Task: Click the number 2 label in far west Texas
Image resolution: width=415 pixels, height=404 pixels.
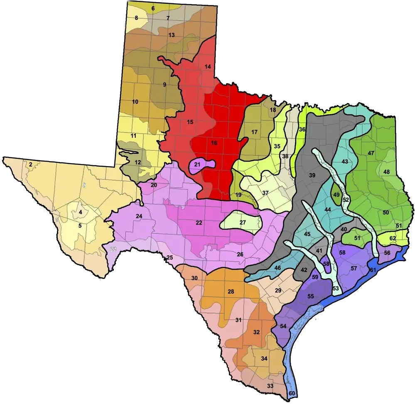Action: click(31, 165)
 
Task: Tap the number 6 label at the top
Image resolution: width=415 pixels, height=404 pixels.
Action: click(153, 8)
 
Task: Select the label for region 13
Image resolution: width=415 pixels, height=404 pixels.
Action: click(171, 35)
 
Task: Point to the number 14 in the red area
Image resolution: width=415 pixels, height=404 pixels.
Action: click(208, 66)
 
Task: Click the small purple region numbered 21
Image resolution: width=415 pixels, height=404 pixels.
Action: click(198, 165)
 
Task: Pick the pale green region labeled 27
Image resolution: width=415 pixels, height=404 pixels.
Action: click(243, 222)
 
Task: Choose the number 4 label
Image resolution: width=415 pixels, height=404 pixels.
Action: click(80, 213)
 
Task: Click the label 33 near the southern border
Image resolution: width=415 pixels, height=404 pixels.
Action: click(270, 386)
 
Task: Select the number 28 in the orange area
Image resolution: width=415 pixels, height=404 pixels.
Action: click(231, 291)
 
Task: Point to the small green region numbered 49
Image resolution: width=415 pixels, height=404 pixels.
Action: click(336, 195)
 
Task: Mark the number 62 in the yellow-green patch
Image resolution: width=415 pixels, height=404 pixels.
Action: click(393, 238)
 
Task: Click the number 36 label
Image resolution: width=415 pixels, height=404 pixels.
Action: click(302, 130)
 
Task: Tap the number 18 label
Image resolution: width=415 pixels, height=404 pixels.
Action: click(273, 110)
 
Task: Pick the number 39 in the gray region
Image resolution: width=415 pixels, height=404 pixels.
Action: click(312, 175)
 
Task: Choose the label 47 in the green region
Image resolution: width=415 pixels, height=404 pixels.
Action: click(371, 153)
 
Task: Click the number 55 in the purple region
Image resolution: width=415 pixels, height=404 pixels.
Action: click(310, 296)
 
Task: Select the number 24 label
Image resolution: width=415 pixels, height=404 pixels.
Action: click(139, 216)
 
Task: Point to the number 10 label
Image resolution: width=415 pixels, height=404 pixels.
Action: click(135, 102)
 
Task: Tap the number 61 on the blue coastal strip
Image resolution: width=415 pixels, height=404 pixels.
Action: click(373, 270)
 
